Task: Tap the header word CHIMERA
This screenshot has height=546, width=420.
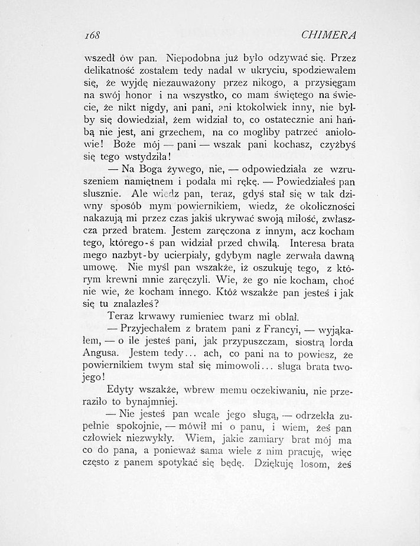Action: click(x=337, y=35)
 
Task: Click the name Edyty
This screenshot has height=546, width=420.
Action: click(x=121, y=391)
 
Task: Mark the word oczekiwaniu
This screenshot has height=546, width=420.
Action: click(x=264, y=391)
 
